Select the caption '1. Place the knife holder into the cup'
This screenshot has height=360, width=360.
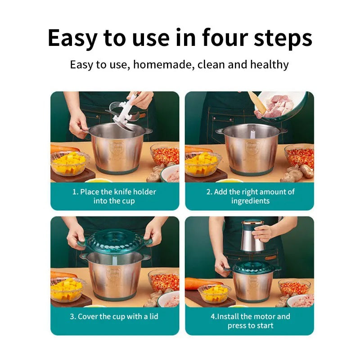tap(114, 196)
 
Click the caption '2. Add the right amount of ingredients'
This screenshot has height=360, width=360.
tap(250, 196)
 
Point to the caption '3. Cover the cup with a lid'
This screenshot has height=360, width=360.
tap(114, 316)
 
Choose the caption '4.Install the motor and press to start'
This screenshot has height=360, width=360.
tap(250, 321)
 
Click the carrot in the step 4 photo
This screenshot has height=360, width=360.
tap(198, 283)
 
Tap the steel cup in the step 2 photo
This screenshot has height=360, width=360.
tap(251, 151)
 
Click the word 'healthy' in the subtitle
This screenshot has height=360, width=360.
tap(269, 65)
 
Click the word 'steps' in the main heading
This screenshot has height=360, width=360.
tap(283, 38)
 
